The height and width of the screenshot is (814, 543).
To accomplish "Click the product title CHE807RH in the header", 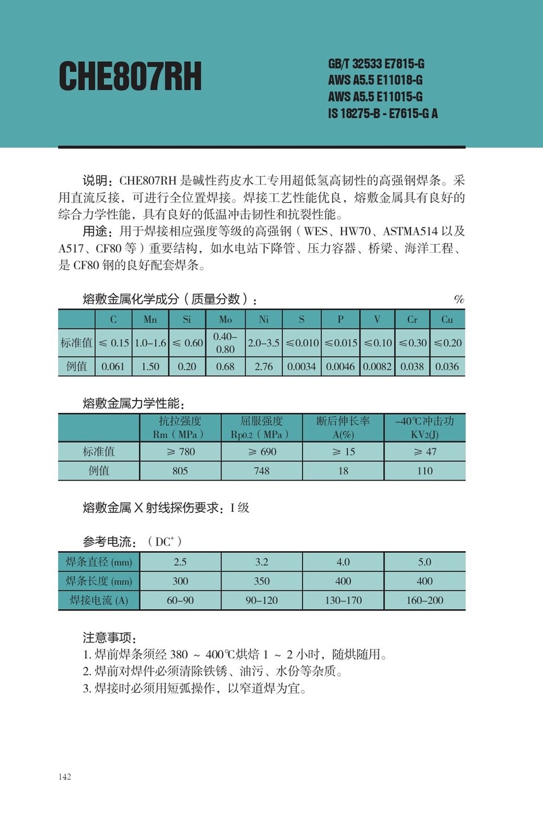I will point(130,78).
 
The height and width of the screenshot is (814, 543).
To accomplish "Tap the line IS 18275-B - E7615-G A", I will point(383,113).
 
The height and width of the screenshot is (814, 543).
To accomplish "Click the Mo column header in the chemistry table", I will point(225,320).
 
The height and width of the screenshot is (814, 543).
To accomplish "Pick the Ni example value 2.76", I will point(263,366).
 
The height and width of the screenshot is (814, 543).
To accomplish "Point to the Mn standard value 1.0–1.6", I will point(150,343).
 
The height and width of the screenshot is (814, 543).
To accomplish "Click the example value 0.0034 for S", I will point(301,366).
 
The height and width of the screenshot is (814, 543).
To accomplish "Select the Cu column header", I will point(447,320).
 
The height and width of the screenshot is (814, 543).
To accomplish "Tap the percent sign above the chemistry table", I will point(459,299).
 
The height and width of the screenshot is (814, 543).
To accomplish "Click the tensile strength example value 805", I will point(180,470).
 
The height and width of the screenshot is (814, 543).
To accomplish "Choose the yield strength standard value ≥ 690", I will point(261,451).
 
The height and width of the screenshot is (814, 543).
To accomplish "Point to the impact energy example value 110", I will point(425,470).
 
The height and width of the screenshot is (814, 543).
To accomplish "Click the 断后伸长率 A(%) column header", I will point(343,427).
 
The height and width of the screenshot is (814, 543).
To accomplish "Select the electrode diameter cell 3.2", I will point(261,562).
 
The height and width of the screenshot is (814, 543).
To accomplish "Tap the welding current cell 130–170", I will point(343,600).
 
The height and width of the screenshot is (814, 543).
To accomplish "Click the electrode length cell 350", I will point(261,581).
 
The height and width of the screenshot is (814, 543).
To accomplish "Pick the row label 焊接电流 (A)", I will point(98,600).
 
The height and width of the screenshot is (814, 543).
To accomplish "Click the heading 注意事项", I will point(109,638).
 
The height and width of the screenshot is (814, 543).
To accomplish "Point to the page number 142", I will point(64,777).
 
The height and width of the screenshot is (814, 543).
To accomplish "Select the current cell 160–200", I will point(425,600).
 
